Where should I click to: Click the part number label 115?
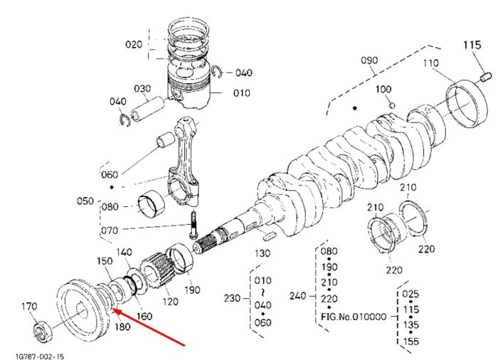click(472, 45)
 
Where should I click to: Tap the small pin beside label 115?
click(485, 77)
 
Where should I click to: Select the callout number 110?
click(430, 63)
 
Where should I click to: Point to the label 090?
click(369, 60)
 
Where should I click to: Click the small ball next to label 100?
click(392, 105)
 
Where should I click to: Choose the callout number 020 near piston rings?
click(134, 44)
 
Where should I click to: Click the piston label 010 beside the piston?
click(242, 92)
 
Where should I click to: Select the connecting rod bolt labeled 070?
click(194, 225)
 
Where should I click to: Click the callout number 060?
click(110, 174)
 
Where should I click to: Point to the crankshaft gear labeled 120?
click(157, 271)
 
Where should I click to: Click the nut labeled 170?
click(41, 332)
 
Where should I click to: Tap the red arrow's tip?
click(113, 309)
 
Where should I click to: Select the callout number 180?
click(122, 327)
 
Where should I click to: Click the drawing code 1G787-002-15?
click(39, 356)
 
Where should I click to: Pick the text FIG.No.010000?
click(354, 317)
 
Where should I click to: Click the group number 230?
click(233, 298)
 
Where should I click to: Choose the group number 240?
click(298, 296)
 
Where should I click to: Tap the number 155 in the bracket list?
click(410, 342)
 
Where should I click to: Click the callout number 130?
click(263, 253)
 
